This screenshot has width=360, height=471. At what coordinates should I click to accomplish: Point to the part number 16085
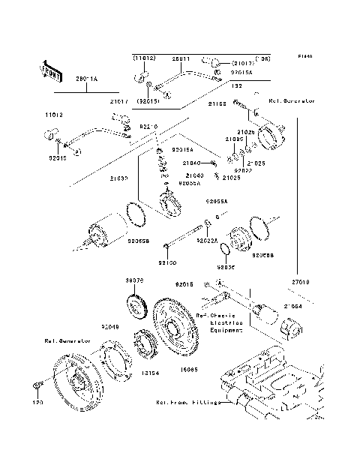tap(188, 370)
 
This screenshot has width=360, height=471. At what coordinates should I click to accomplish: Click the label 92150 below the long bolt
tap(166, 263)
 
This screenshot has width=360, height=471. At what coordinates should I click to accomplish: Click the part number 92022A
tap(206, 241)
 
